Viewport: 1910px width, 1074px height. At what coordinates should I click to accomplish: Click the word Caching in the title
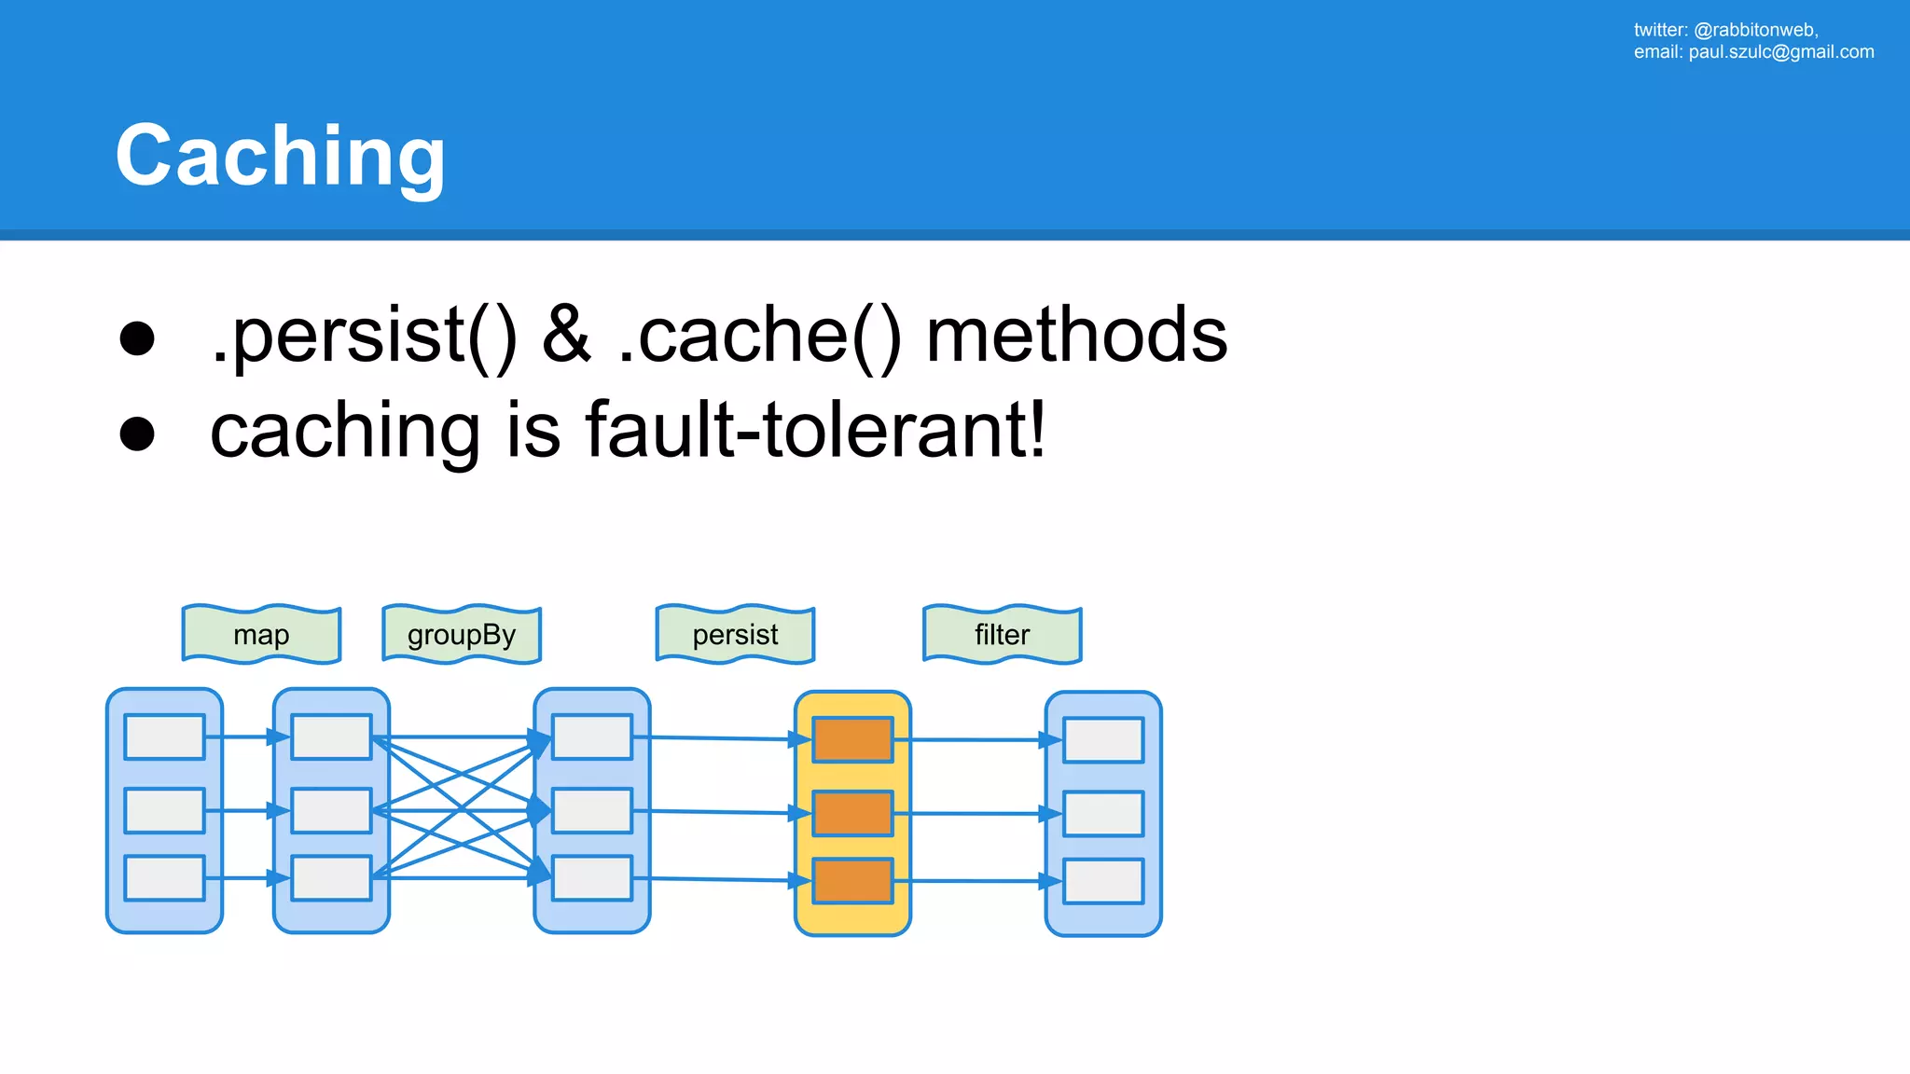click(x=280, y=156)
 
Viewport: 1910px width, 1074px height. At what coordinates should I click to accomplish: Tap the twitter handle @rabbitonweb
click(x=1755, y=30)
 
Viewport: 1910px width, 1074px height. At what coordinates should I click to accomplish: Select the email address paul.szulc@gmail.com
click(x=1780, y=52)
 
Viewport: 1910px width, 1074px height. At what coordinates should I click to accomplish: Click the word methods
click(x=1076, y=336)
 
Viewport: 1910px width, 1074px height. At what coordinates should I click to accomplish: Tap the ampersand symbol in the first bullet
click(x=566, y=336)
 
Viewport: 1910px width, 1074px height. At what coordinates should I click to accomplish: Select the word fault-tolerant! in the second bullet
click(x=815, y=431)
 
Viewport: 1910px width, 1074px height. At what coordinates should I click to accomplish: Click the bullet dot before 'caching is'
click(x=137, y=434)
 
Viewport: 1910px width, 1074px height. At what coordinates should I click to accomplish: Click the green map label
click(x=261, y=635)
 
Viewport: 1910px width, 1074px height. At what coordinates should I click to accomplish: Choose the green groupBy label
click(x=462, y=635)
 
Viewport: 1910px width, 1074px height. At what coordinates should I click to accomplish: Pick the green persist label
click(x=735, y=635)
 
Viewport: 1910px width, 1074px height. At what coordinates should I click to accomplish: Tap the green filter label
click(x=1002, y=635)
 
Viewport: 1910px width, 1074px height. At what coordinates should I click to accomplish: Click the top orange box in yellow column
click(x=852, y=739)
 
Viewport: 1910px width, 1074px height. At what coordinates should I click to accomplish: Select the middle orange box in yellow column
click(x=852, y=813)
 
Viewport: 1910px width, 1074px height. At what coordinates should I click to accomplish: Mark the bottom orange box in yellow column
click(x=852, y=881)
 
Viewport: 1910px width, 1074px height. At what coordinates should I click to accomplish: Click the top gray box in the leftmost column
click(x=164, y=737)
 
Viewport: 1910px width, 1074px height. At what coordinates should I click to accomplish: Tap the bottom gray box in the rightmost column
click(x=1103, y=881)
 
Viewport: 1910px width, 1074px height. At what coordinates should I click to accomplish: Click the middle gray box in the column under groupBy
click(x=591, y=811)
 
